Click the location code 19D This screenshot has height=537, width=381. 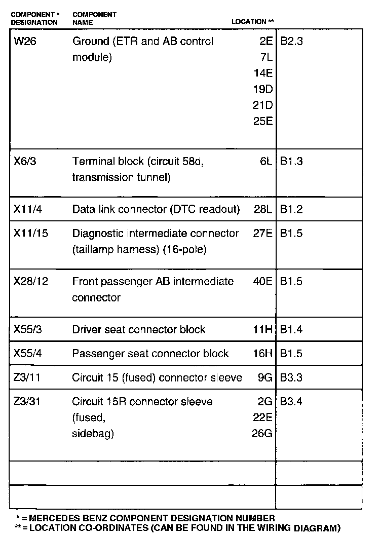point(263,90)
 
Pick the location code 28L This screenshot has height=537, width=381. point(263,209)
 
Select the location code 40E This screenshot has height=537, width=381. point(263,281)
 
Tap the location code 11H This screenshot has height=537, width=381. point(263,329)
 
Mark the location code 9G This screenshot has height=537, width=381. point(265,377)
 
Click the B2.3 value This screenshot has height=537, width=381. point(291,42)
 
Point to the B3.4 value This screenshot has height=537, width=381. point(291,402)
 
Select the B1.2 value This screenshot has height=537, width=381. point(291,209)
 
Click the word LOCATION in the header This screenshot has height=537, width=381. point(249,22)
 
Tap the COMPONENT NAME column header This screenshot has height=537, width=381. point(94,18)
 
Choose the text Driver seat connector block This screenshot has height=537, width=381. point(139,329)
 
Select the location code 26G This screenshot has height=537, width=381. point(262,434)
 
